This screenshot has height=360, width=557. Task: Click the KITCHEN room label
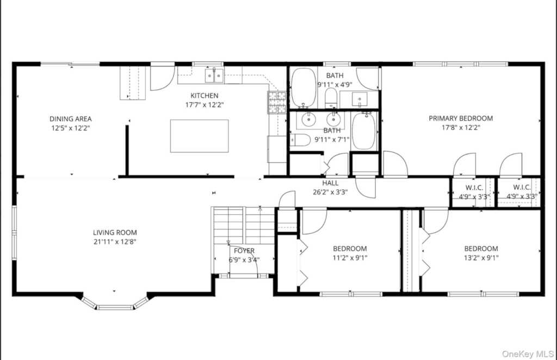click(x=205, y=96)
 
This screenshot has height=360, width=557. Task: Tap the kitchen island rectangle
click(x=199, y=136)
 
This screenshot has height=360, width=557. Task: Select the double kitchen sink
click(x=214, y=76)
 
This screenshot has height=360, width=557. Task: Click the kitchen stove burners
click(x=277, y=102)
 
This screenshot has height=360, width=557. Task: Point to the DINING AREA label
click(x=70, y=119)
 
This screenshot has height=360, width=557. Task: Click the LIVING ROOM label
click(x=115, y=233)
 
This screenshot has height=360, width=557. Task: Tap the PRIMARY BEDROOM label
click(x=461, y=118)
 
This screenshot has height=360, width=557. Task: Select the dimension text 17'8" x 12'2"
click(x=461, y=127)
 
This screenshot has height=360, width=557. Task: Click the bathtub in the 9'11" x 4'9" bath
click(x=304, y=88)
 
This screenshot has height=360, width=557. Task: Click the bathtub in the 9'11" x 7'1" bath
click(x=363, y=132)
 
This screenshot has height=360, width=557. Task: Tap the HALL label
click(x=330, y=183)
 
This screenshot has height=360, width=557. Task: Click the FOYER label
click(x=244, y=251)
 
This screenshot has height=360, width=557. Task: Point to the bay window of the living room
click(x=114, y=303)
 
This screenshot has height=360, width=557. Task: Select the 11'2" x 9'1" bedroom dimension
click(x=350, y=258)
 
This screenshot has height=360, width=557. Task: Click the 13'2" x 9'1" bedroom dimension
click(x=481, y=258)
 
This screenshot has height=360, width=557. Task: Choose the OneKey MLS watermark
click(x=528, y=353)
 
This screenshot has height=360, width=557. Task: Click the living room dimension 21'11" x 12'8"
click(x=115, y=242)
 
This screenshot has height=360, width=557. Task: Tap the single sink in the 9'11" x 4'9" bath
click(x=360, y=99)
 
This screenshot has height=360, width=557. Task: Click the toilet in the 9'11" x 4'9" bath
click(x=331, y=98)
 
